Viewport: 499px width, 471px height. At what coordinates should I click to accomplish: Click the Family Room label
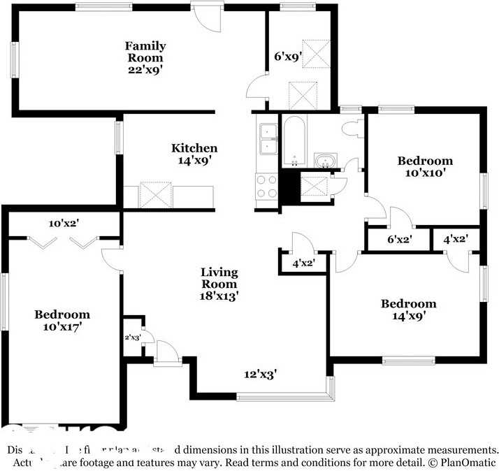pos(145,52)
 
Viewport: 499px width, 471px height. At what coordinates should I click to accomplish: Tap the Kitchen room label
pos(194,148)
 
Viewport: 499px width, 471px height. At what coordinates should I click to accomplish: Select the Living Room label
pos(219,277)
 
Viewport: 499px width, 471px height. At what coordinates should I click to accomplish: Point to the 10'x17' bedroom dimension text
pos(62,326)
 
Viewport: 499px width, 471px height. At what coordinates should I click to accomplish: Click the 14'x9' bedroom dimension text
pos(408,315)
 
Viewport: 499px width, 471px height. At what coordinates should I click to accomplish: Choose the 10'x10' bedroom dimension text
pos(425,173)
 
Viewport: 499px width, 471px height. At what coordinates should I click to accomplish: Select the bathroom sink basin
pos(324,161)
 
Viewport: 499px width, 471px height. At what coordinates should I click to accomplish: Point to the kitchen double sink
pos(268,138)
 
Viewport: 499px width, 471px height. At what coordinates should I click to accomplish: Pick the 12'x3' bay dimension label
pos(260,374)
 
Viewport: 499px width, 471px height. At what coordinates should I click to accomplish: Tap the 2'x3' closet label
pos(133,338)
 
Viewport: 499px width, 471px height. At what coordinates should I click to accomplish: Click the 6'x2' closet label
pos(399,240)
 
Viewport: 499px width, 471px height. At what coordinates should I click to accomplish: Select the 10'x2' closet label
pos(65,224)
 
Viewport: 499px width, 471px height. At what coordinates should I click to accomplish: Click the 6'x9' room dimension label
pos(286,57)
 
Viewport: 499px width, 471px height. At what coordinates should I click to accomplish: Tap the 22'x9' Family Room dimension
pos(145,69)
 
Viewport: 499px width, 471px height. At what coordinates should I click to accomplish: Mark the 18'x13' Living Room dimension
pos(219,296)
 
